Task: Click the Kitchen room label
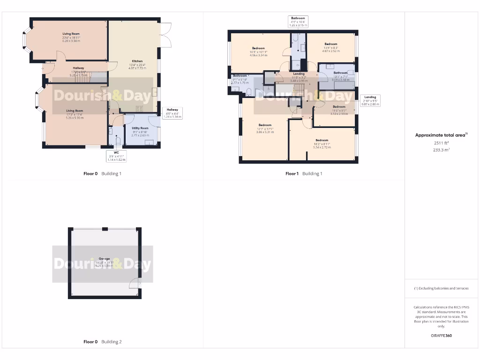click(x=137, y=61)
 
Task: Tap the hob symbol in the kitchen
click(x=139, y=108)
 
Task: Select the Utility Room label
click(x=140, y=128)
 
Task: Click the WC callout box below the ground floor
click(x=116, y=156)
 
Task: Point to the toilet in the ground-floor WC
click(x=117, y=140)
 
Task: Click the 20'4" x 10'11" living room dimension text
click(x=71, y=37)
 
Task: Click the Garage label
click(x=104, y=259)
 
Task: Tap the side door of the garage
click(x=135, y=283)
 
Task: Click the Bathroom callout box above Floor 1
click(x=298, y=22)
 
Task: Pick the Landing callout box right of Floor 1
click(x=370, y=100)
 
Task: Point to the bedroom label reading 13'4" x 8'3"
click(x=330, y=46)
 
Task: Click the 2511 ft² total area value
click(x=441, y=143)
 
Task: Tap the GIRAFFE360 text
click(x=441, y=336)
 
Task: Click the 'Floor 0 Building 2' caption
click(x=102, y=342)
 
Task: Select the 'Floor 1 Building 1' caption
click(x=304, y=173)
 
